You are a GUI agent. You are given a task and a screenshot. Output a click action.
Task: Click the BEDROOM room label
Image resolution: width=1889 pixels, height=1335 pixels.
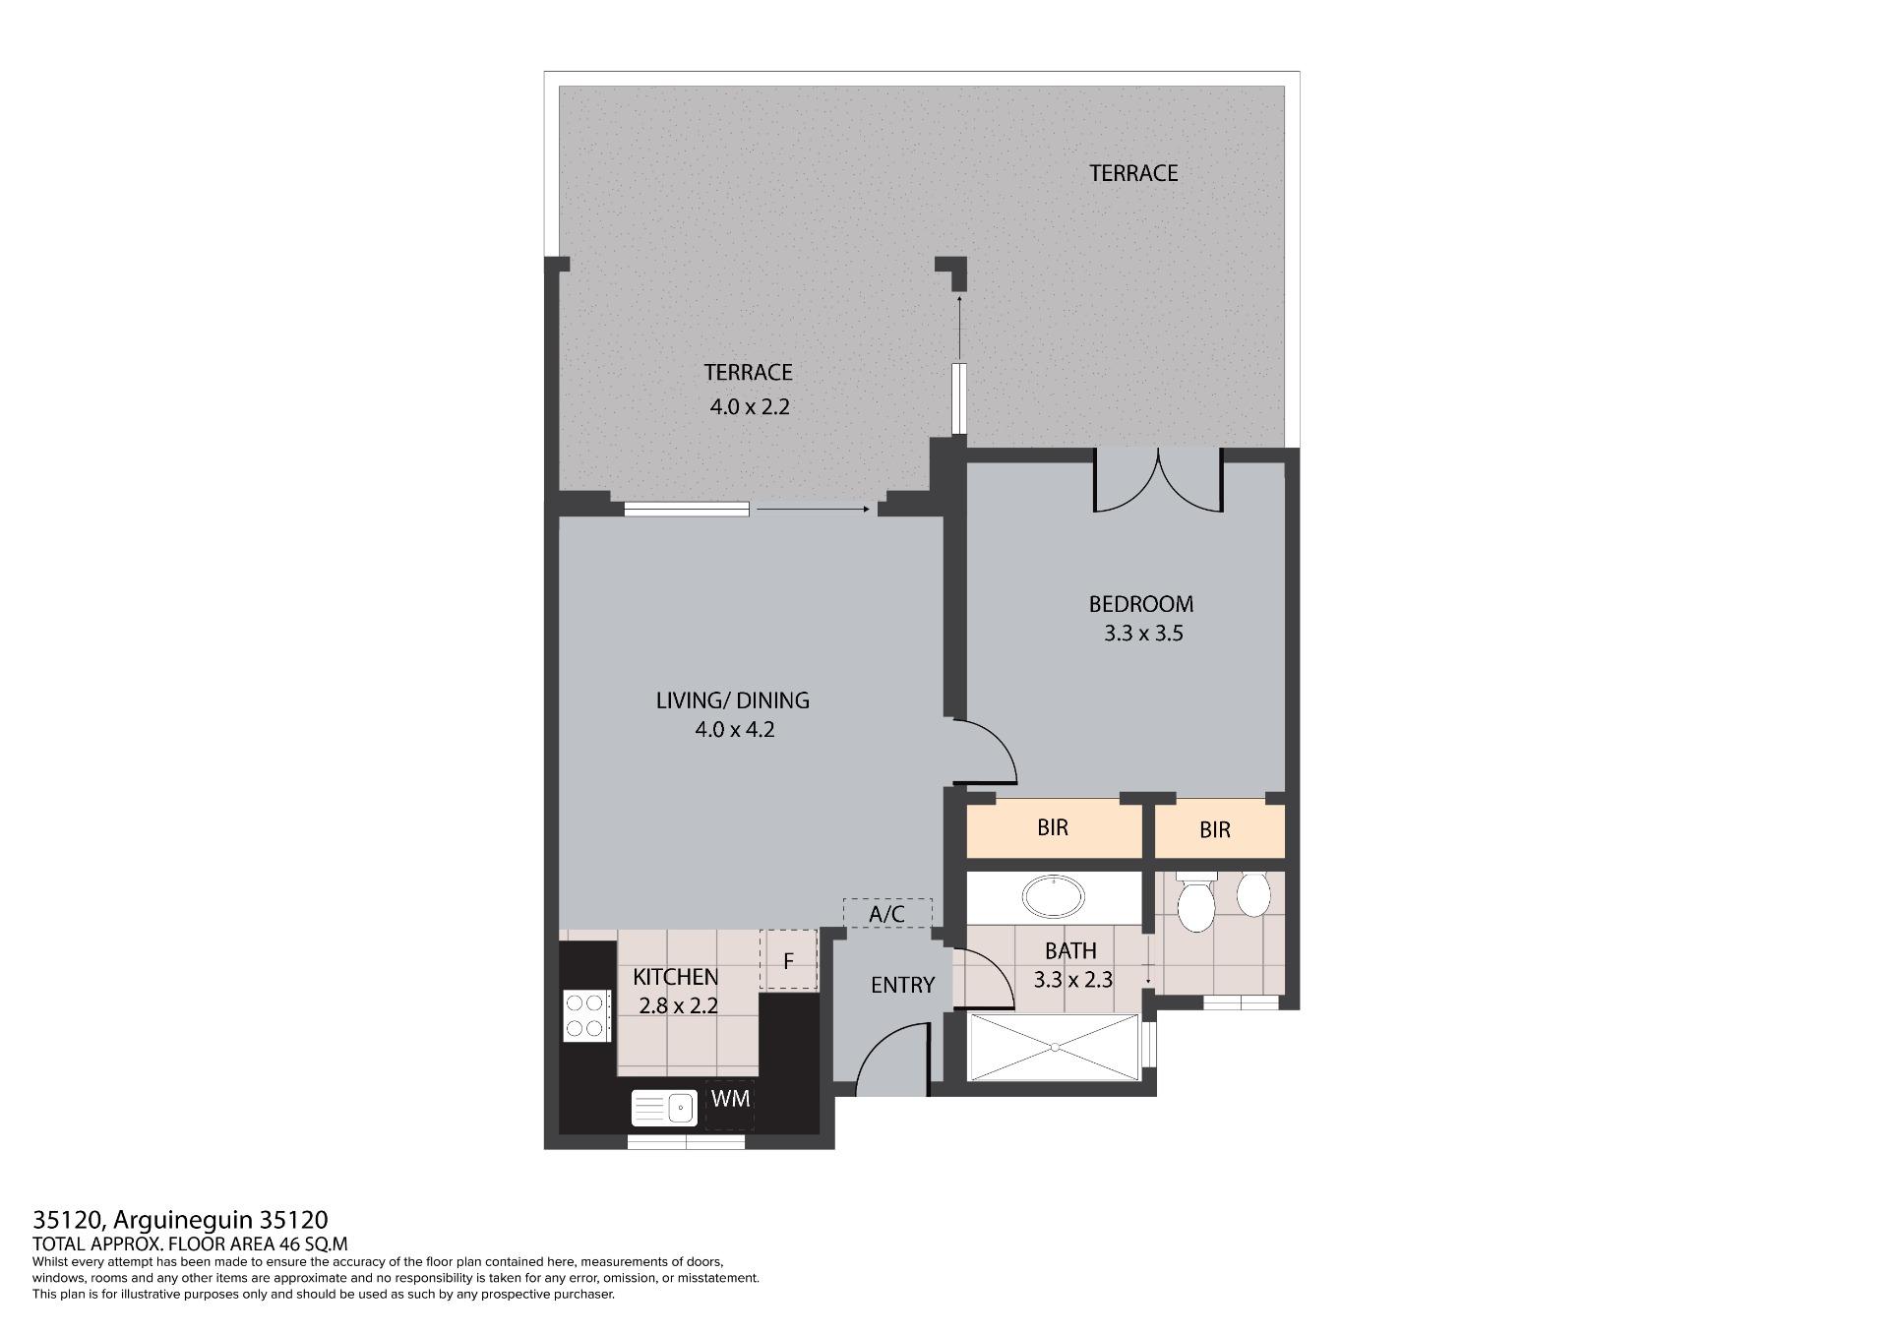1141,604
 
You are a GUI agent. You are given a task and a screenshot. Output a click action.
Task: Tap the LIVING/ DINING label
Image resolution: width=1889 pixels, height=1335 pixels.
733,700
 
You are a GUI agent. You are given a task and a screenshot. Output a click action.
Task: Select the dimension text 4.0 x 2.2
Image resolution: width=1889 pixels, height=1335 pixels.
750,406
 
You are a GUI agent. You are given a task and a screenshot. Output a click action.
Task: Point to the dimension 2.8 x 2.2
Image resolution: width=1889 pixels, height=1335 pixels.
679,1006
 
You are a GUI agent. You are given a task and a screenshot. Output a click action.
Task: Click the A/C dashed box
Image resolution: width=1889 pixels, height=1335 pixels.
887,914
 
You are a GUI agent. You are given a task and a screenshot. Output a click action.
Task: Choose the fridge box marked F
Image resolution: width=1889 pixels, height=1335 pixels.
788,960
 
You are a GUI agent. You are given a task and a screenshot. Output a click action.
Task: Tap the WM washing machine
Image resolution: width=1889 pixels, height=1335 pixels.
730,1099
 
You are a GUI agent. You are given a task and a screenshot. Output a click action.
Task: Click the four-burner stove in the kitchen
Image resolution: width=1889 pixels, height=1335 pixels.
584,1016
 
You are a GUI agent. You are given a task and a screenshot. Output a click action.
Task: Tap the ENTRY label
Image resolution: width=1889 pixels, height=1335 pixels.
902,985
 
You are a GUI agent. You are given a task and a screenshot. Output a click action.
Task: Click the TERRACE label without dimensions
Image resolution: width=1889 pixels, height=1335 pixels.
1133,173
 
